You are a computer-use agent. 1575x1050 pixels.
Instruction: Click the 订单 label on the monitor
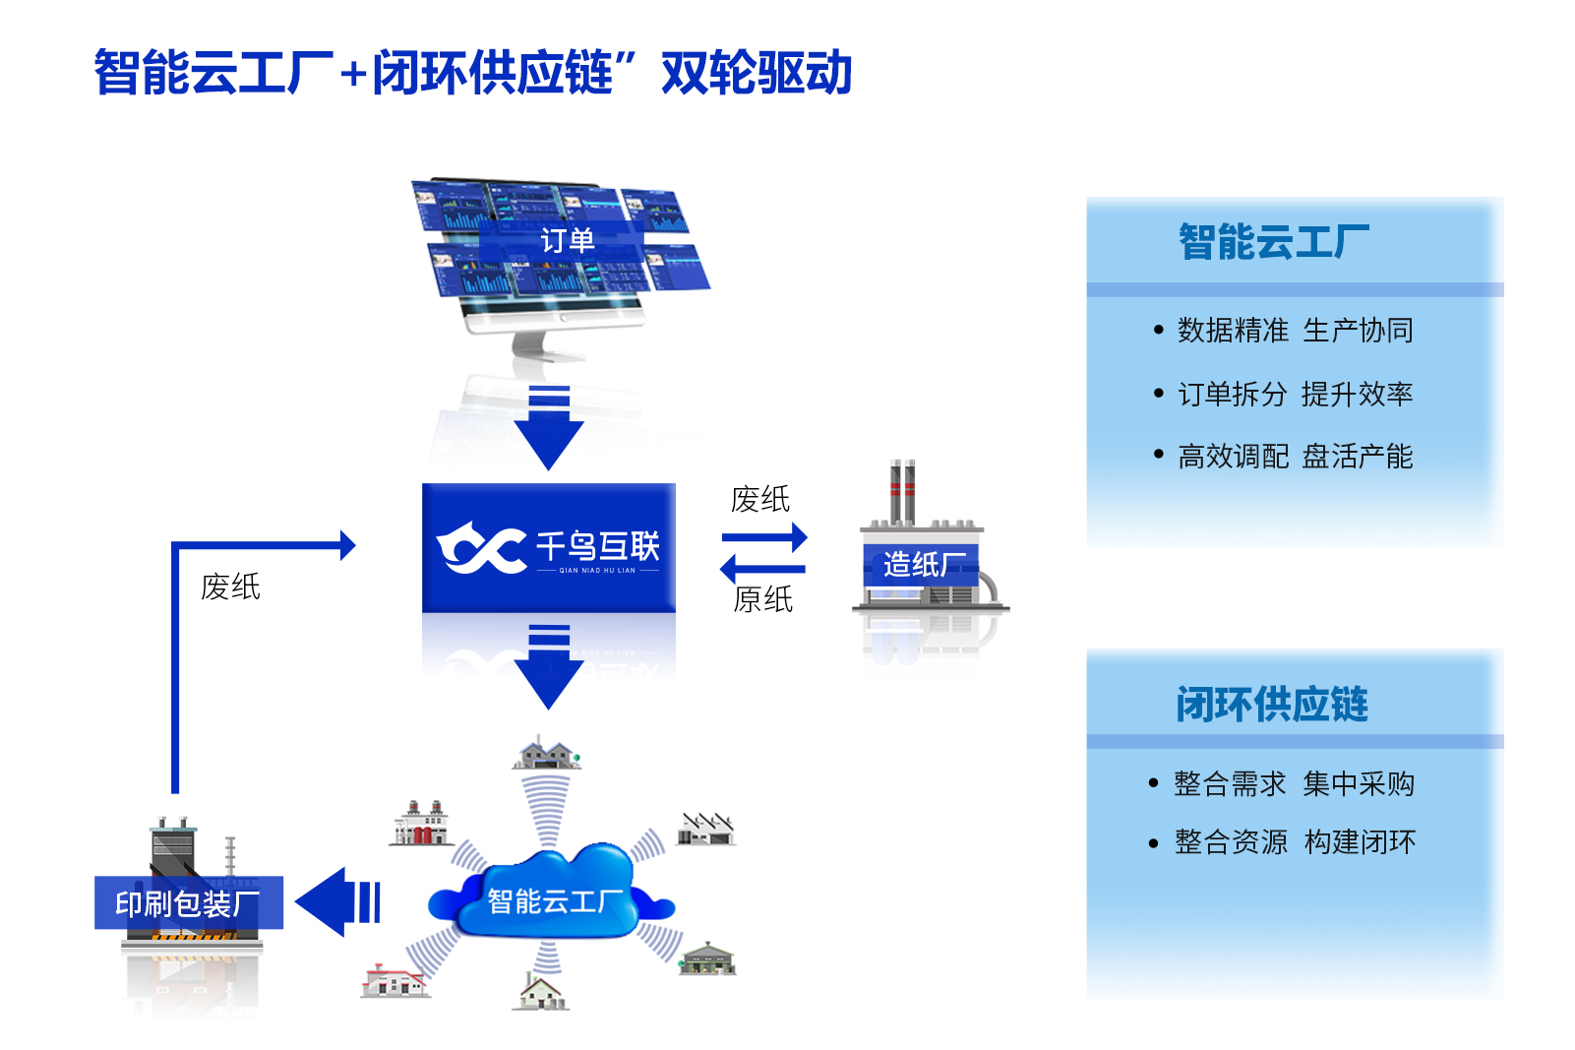(567, 240)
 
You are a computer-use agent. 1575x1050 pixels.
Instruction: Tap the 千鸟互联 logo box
(548, 547)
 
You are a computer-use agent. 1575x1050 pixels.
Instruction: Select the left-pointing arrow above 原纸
(762, 568)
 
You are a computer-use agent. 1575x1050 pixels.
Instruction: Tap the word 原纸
(762, 599)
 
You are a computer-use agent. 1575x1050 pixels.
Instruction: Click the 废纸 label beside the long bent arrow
(230, 587)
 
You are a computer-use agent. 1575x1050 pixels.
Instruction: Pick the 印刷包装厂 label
(188, 903)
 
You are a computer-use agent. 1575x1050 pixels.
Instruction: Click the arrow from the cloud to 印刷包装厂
(338, 902)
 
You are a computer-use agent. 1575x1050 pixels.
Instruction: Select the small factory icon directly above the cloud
(547, 753)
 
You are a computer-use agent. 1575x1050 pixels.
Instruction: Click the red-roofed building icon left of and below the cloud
(394, 980)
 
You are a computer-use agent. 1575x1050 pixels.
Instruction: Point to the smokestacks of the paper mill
(902, 491)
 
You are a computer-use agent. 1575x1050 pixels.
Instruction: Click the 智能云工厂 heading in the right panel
(1273, 242)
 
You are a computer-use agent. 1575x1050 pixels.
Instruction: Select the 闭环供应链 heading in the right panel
(1272, 704)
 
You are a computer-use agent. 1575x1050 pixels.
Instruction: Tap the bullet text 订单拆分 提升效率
(1296, 394)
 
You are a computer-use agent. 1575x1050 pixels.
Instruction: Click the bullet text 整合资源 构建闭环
(1296, 841)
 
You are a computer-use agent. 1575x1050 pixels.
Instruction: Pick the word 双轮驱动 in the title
(757, 73)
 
